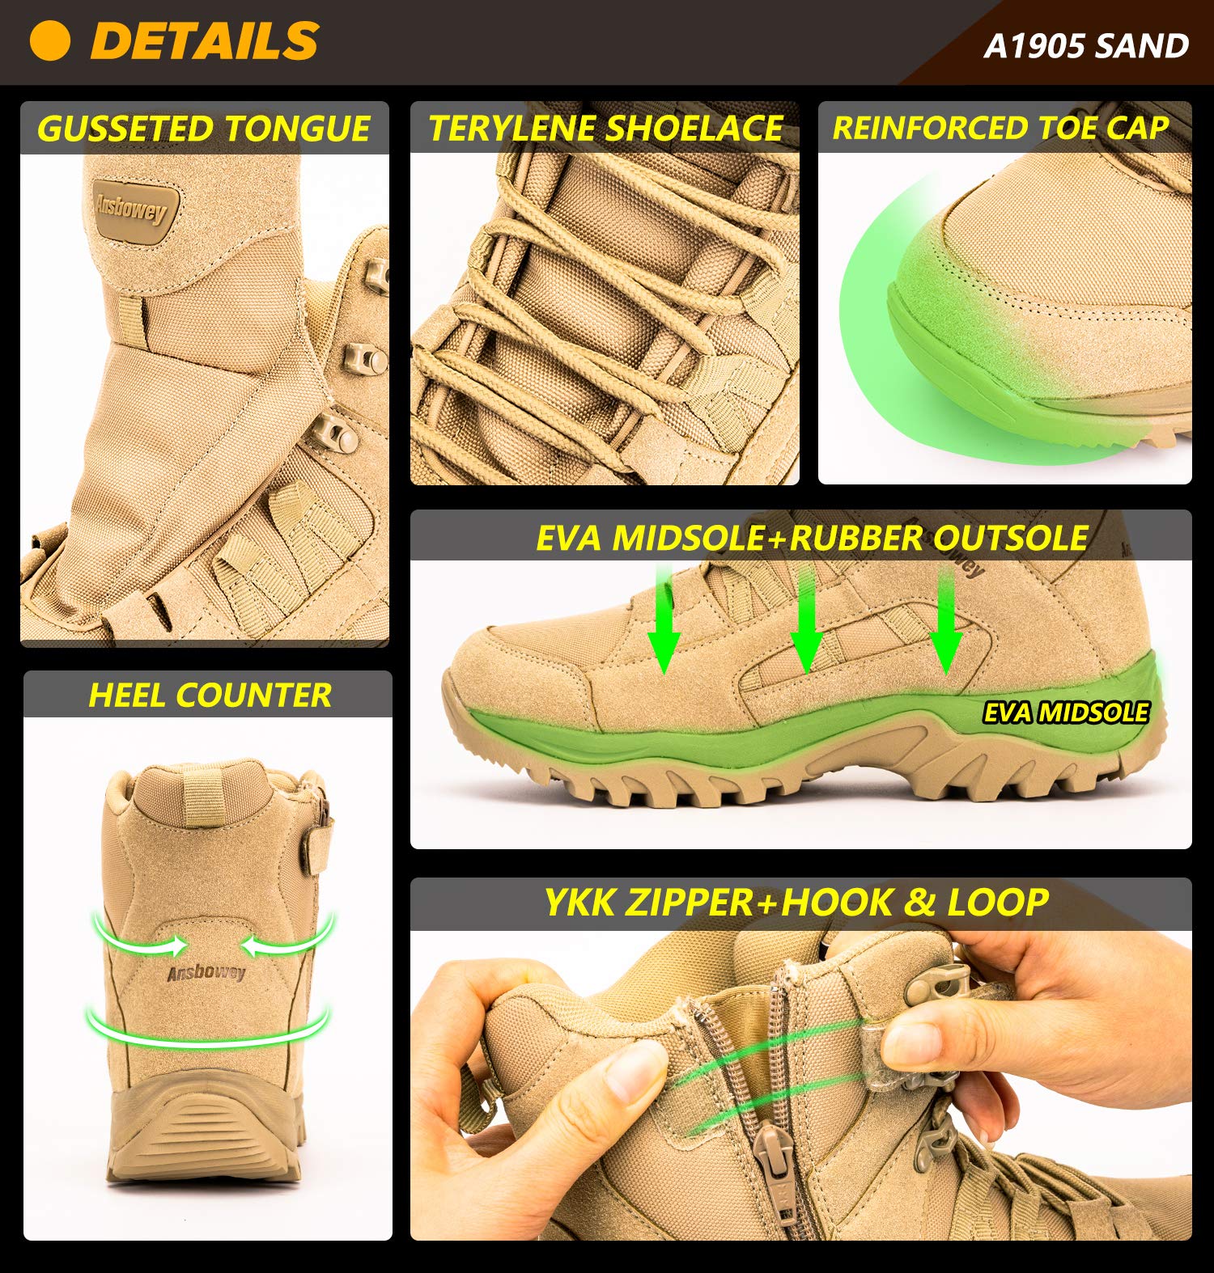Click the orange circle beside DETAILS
click(49, 40)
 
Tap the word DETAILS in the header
click(205, 40)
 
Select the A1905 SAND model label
click(1086, 46)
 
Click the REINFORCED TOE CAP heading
click(1000, 128)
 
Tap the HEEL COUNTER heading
click(210, 696)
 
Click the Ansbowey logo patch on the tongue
click(131, 209)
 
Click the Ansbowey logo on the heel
click(206, 971)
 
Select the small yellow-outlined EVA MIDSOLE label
click(1066, 713)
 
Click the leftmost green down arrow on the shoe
click(664, 623)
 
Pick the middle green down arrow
click(806, 623)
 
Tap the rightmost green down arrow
click(945, 623)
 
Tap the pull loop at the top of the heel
click(202, 797)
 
